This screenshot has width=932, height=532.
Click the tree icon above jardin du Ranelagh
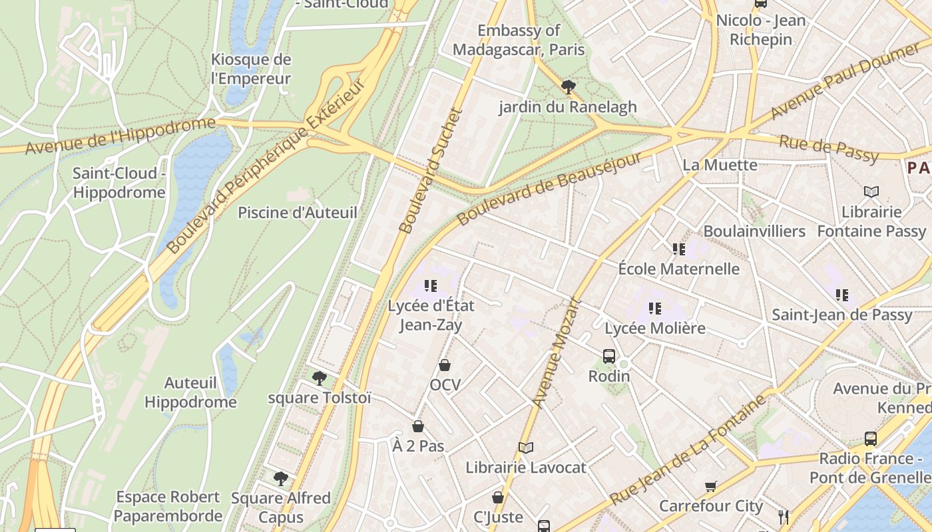click(x=568, y=86)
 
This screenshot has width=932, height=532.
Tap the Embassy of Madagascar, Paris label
click(x=519, y=40)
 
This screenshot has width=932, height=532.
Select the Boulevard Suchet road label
click(x=429, y=171)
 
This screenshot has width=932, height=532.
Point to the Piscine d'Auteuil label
click(x=298, y=213)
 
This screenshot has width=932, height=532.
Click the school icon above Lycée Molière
click(x=655, y=309)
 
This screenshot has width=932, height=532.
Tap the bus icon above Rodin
click(x=609, y=356)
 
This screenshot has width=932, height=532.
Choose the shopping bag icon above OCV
click(x=445, y=365)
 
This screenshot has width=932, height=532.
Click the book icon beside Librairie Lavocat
click(x=526, y=448)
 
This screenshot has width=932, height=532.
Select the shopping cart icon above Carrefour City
click(x=711, y=486)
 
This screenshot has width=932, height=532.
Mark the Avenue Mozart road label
click(x=557, y=352)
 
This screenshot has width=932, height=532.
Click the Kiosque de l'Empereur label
click(x=251, y=68)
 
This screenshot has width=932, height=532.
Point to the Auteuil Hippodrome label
click(x=190, y=392)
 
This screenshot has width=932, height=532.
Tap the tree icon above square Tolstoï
click(x=320, y=378)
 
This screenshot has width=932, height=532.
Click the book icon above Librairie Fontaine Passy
click(x=871, y=192)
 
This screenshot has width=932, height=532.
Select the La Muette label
click(x=720, y=165)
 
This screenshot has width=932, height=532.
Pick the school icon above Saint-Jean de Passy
click(x=842, y=295)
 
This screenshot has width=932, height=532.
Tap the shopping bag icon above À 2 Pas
click(x=418, y=426)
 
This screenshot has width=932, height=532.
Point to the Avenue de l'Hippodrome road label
click(x=120, y=136)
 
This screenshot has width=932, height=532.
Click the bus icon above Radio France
click(x=871, y=439)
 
